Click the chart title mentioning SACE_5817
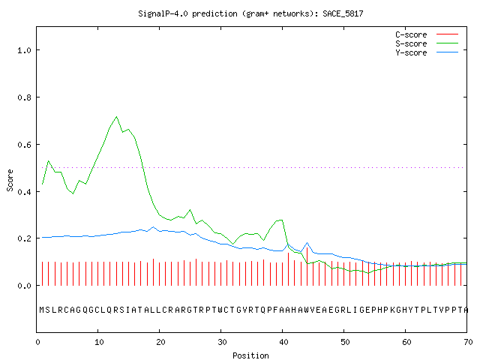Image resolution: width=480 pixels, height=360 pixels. pyautogui.click(x=250, y=13)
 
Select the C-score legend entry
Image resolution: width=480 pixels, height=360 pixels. pyautogui.click(x=427, y=34)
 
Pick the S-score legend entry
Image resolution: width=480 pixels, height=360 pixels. pyautogui.click(x=427, y=43)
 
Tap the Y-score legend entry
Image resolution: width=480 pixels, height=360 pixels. pyautogui.click(x=427, y=52)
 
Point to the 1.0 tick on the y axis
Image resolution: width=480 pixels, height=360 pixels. pyautogui.click(x=24, y=50)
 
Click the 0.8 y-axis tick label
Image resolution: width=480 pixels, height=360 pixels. pyautogui.click(x=24, y=97)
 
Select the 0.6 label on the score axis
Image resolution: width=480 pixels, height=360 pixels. pyautogui.click(x=24, y=145)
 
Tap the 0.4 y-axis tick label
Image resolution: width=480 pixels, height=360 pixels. pyautogui.click(x=24, y=192)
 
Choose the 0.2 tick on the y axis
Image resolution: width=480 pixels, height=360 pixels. pyautogui.click(x=24, y=238)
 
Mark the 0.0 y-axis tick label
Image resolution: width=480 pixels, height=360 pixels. pyautogui.click(x=24, y=286)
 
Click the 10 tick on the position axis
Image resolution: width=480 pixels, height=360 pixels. pyautogui.click(x=99, y=342)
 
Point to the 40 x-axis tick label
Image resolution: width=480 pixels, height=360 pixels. pyautogui.click(x=283, y=342)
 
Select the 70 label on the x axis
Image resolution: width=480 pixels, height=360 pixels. pyautogui.click(x=468, y=342)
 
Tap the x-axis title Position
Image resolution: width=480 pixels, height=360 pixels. pyautogui.click(x=250, y=355)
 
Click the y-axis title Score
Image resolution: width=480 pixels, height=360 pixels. pyautogui.click(x=10, y=180)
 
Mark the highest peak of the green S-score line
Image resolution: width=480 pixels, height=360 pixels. pyautogui.click(x=117, y=117)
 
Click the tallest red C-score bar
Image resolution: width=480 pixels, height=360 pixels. pyautogui.click(x=307, y=266)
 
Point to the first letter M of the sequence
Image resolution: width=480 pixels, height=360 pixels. pyautogui.click(x=42, y=310)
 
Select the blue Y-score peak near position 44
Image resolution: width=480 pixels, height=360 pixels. pyautogui.click(x=307, y=243)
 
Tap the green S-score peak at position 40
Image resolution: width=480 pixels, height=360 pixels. pyautogui.click(x=281, y=220)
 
